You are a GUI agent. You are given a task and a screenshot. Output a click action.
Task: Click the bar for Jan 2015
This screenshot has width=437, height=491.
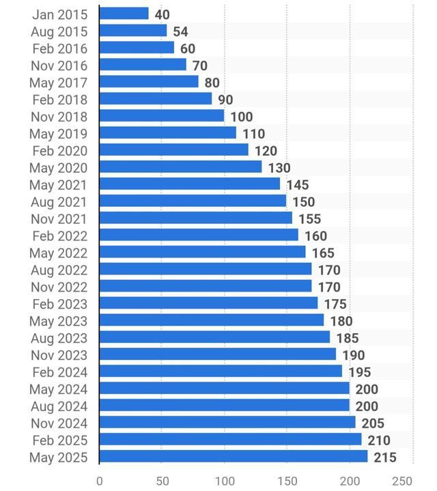[124, 14]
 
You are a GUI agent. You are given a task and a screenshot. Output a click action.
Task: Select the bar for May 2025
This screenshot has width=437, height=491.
[234, 457]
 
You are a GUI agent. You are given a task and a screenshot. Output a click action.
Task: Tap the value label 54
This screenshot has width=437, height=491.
[180, 31]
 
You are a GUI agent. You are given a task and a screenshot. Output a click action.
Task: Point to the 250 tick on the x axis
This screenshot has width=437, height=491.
[403, 481]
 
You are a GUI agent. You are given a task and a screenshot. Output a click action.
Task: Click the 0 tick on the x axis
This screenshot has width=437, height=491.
[100, 481]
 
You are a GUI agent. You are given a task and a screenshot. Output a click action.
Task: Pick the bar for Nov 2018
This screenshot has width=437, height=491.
[162, 116]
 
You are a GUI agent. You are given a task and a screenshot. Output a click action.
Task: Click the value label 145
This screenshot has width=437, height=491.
[298, 185]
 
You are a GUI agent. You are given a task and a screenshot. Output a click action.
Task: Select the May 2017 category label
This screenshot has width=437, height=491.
[59, 83]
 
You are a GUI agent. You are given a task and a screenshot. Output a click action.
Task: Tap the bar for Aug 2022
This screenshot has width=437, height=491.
[206, 270]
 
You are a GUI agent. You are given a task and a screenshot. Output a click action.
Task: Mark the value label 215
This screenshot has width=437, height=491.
[385, 458]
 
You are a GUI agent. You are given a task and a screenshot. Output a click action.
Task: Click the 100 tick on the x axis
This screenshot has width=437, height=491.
[225, 481]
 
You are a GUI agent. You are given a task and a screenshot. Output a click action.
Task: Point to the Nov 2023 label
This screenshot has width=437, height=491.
[59, 355]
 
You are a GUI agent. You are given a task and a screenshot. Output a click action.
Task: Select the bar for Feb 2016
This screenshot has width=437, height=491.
[137, 48]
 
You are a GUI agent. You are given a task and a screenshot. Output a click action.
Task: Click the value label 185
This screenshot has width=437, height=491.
[348, 338]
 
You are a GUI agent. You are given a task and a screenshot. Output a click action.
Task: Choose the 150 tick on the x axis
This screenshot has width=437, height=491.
[287, 481]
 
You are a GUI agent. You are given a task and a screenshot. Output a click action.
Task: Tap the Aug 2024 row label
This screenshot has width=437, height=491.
[59, 406]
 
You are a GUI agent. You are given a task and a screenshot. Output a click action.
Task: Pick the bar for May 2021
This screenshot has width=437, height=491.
[190, 184]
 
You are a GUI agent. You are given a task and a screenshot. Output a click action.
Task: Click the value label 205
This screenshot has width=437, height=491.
[373, 423]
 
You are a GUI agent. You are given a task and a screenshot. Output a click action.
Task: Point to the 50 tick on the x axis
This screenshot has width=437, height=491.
[162, 481]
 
